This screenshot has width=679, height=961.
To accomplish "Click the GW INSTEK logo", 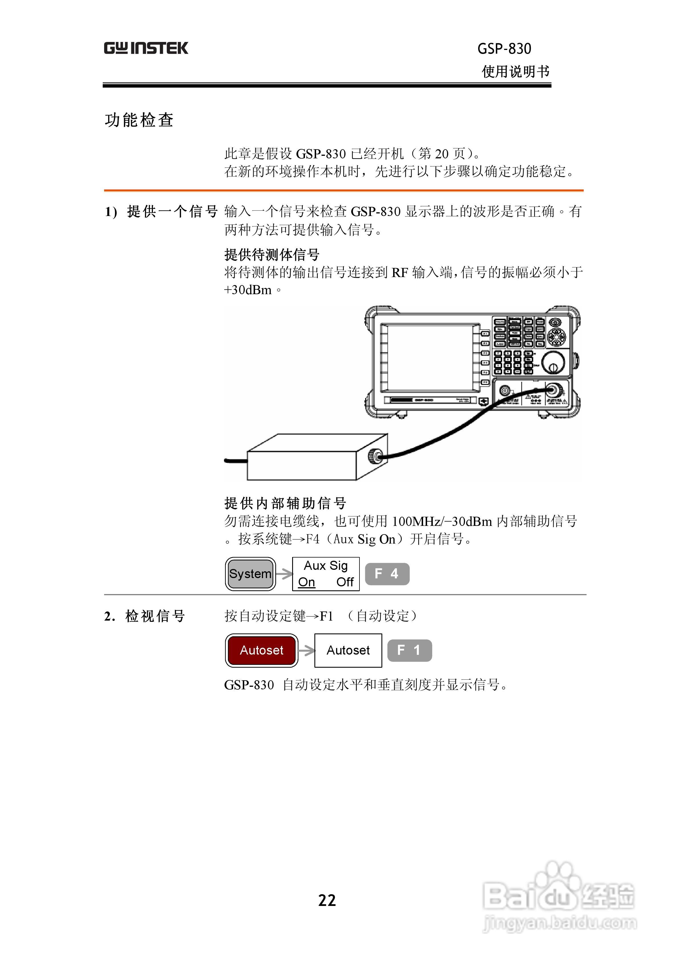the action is [146, 48].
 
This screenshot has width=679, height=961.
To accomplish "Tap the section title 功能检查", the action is [139, 120].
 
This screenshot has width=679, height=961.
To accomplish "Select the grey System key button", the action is [250, 574].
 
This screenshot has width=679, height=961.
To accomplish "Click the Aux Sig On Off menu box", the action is [326, 574].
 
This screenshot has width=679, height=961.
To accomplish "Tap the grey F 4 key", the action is [387, 574].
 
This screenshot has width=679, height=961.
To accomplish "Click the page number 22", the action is [327, 900].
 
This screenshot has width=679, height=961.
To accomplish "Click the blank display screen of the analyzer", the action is [430, 358].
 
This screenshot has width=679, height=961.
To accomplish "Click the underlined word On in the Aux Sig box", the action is [306, 582].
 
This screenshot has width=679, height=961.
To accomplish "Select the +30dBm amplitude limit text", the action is [248, 290].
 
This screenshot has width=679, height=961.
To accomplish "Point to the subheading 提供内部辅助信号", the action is [285, 503].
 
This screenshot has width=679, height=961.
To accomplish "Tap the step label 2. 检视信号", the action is [144, 616].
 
